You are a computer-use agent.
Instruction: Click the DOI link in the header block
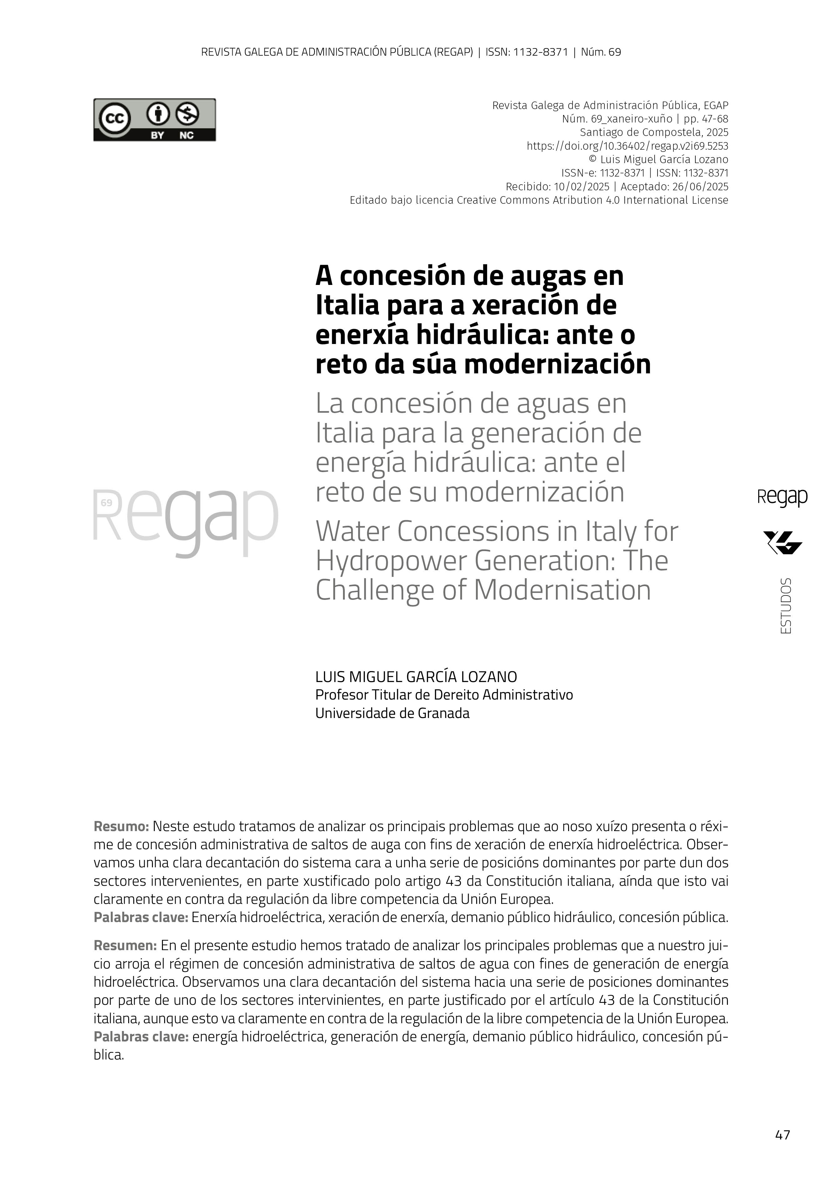pos(627,146)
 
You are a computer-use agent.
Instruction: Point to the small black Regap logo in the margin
pos(782,497)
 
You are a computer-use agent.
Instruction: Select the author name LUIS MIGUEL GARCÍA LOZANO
pos(416,677)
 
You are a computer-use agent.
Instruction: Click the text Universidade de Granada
pos(392,713)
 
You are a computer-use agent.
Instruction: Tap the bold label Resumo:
pos(121,827)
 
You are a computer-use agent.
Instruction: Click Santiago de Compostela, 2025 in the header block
pos(654,132)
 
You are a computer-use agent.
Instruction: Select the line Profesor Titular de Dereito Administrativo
pos(444,695)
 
